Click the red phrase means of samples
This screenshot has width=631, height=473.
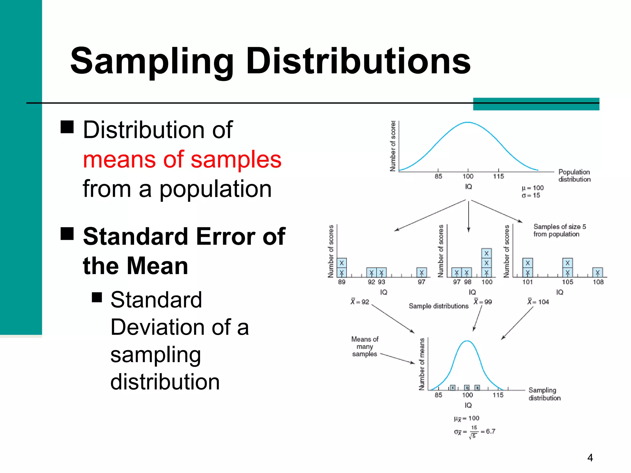(x=182, y=160)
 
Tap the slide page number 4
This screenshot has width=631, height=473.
(x=590, y=458)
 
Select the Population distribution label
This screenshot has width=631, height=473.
(x=574, y=176)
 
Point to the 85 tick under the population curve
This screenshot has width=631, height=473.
(x=438, y=176)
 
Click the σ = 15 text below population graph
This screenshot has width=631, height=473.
(x=531, y=195)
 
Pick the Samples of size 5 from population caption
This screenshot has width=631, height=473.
(x=559, y=230)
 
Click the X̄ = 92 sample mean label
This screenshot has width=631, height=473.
(x=360, y=302)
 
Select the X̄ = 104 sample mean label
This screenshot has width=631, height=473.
(x=538, y=302)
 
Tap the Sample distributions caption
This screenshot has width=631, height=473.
(x=438, y=306)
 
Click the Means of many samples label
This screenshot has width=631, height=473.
(x=365, y=346)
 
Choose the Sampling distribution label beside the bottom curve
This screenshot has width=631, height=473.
(x=544, y=394)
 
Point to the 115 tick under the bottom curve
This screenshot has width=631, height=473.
(x=498, y=395)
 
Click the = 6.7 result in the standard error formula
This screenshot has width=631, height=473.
(x=488, y=431)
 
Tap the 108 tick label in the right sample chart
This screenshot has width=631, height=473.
(x=598, y=282)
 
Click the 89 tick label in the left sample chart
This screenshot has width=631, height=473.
(x=342, y=282)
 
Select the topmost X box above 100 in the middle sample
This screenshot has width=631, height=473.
(x=486, y=253)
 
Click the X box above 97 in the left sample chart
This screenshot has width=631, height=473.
(x=421, y=273)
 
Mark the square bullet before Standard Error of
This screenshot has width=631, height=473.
(x=67, y=233)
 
